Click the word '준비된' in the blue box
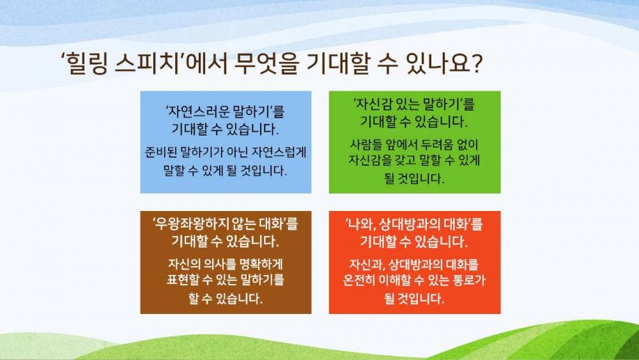(162, 153)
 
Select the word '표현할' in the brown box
(183, 279)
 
